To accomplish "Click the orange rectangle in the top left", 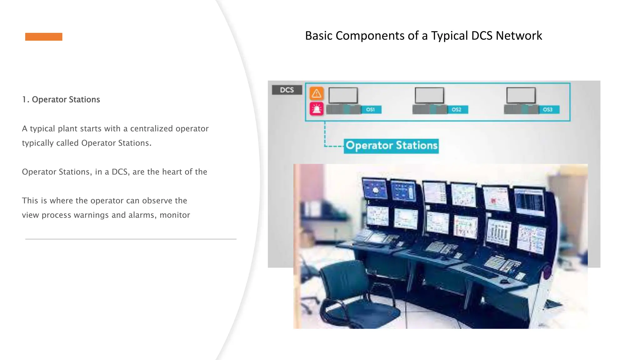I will pyautogui.click(x=44, y=37).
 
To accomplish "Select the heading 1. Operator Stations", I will pyautogui.click(x=61, y=99).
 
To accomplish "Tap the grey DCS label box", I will pyautogui.click(x=287, y=90).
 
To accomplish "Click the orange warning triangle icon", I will pyautogui.click(x=316, y=93).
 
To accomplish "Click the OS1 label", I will pyautogui.click(x=371, y=110).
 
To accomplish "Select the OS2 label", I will pyautogui.click(x=457, y=110).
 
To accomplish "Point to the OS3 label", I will pyautogui.click(x=548, y=110).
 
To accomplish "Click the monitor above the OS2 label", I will pyautogui.click(x=429, y=95).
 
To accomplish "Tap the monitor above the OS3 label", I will pyautogui.click(x=521, y=95).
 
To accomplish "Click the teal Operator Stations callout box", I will pyautogui.click(x=391, y=146).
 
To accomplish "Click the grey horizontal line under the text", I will pyautogui.click(x=131, y=239).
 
